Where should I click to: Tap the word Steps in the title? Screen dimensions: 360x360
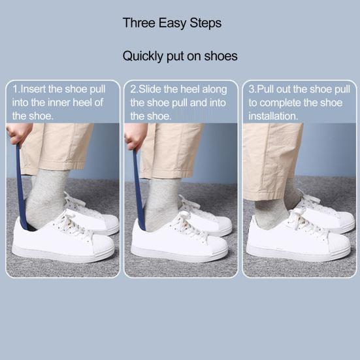tap(206, 24)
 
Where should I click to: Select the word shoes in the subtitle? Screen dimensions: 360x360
tap(221, 56)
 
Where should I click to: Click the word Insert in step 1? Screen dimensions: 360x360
tap(33, 89)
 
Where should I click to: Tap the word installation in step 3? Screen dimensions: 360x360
tap(273, 116)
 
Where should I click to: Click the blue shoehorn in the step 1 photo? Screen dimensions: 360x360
tap(21, 186)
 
